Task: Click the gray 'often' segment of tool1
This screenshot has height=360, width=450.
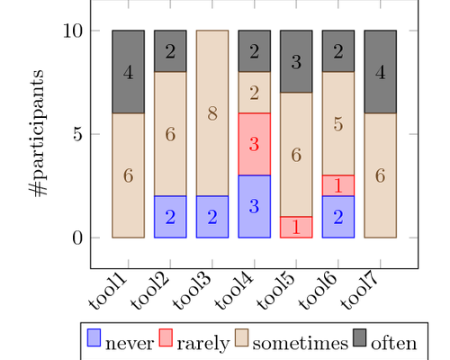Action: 128,72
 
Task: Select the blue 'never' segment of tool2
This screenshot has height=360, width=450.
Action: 170,217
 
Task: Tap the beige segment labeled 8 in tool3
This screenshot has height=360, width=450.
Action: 212,113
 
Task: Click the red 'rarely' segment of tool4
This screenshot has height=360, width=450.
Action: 254,144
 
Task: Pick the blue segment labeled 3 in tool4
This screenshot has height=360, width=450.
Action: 254,206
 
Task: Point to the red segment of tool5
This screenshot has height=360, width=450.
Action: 296,227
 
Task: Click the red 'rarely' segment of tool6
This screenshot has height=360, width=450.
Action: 337,185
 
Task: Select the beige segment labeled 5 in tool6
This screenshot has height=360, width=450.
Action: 337,123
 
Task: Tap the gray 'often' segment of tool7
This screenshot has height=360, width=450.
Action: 380,72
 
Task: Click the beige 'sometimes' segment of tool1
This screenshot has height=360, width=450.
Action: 128,175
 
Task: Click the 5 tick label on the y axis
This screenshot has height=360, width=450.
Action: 77,134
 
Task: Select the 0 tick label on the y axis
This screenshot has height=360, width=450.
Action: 77,238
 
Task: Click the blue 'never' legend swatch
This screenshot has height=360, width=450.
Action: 94,338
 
